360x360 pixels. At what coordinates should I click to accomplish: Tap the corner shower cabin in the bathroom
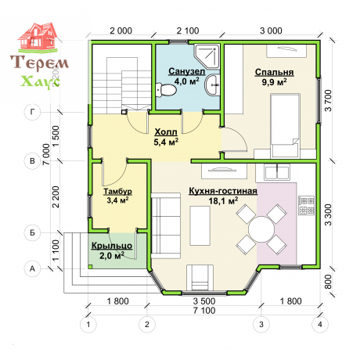pyautogui.click(x=207, y=55)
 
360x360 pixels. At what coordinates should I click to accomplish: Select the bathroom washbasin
pyautogui.click(x=212, y=85)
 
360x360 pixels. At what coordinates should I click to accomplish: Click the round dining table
pyautogui.click(x=261, y=229)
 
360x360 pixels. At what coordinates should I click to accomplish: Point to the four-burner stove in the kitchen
pyautogui.click(x=306, y=206)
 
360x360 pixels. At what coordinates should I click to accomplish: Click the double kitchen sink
pyautogui.click(x=277, y=171)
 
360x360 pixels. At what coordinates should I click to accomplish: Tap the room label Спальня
pyautogui.click(x=274, y=72)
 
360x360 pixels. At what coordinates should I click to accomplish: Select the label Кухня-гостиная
pyautogui.click(x=223, y=191)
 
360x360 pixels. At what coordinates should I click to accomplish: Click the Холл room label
pyautogui.click(x=166, y=132)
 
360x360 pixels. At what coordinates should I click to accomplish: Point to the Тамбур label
pyautogui.click(x=118, y=192)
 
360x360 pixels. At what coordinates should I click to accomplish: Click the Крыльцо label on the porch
pyautogui.click(x=112, y=246)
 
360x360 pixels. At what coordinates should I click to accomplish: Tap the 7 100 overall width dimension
pyautogui.click(x=204, y=311)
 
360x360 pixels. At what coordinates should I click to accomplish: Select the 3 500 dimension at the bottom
pyautogui.click(x=204, y=301)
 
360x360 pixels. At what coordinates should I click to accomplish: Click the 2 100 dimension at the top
pyautogui.click(x=188, y=31)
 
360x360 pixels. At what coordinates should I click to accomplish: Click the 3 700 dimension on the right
pyautogui.click(x=328, y=100)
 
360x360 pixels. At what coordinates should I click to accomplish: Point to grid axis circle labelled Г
pyautogui.click(x=32, y=112)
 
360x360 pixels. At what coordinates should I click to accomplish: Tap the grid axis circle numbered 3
pyautogui.click(x=261, y=325)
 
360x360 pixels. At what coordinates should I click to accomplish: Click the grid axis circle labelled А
pyautogui.click(x=32, y=268)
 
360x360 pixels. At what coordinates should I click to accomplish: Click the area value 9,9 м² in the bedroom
pyautogui.click(x=274, y=82)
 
